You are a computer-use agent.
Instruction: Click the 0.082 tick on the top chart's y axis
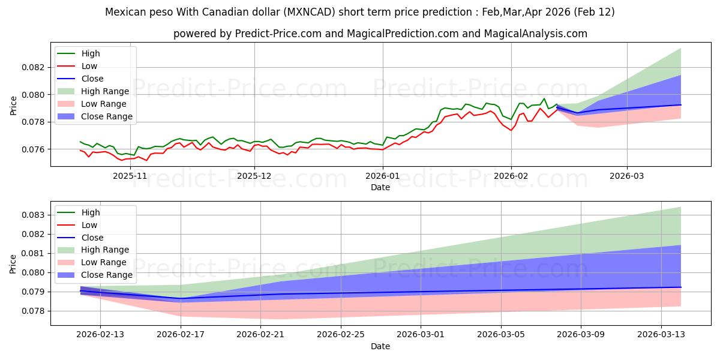[35, 67]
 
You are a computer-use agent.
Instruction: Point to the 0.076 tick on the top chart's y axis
[35, 149]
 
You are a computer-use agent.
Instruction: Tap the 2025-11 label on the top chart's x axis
[130, 176]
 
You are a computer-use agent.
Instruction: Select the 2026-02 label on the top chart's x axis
[511, 176]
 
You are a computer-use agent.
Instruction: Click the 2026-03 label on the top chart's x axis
[627, 176]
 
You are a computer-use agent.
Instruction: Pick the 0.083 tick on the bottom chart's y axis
[35, 215]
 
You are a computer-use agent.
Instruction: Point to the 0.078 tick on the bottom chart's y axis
[35, 311]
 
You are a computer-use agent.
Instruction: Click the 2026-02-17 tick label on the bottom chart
[181, 335]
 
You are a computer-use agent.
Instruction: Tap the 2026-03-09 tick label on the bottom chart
[581, 335]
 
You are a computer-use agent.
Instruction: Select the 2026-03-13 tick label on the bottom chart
[661, 335]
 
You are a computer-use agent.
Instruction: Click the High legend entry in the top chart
[91, 53]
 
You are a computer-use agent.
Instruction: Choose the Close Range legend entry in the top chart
[107, 116]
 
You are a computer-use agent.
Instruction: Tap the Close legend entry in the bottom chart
[92, 238]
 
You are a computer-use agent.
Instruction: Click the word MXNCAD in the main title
[268, 12]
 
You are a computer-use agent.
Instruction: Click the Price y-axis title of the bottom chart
[14, 264]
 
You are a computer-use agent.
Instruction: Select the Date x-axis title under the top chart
[380, 187]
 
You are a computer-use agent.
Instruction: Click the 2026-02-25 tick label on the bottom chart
[341, 335]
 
